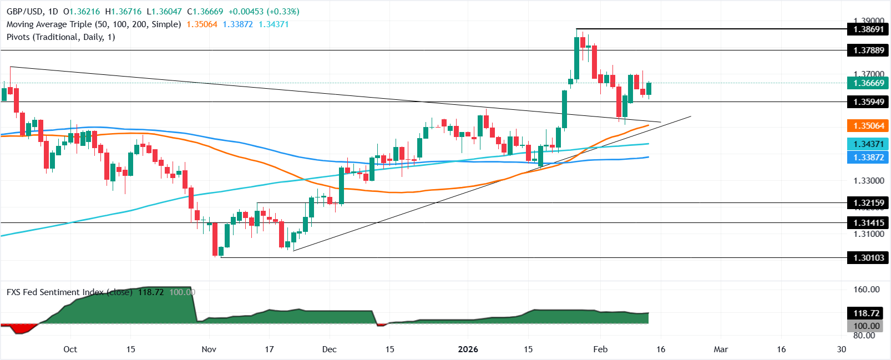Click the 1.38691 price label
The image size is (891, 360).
(x=868, y=29)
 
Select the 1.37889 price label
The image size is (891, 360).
(x=868, y=50)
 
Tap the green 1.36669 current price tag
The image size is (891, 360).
(x=868, y=83)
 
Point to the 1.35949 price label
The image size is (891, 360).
(x=868, y=102)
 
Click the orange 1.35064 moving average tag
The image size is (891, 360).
(x=868, y=126)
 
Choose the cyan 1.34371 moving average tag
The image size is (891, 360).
(x=868, y=144)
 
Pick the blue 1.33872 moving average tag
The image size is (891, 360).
(x=868, y=158)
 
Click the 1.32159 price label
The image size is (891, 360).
(x=868, y=203)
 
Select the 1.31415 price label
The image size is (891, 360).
(x=868, y=223)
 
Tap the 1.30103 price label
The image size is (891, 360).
(x=868, y=258)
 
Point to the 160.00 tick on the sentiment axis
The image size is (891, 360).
(x=866, y=290)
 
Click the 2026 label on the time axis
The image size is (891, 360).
(x=467, y=349)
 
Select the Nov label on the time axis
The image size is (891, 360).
(x=209, y=349)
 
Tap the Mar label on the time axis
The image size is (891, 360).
(x=721, y=349)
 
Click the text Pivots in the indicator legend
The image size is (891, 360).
(x=18, y=37)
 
